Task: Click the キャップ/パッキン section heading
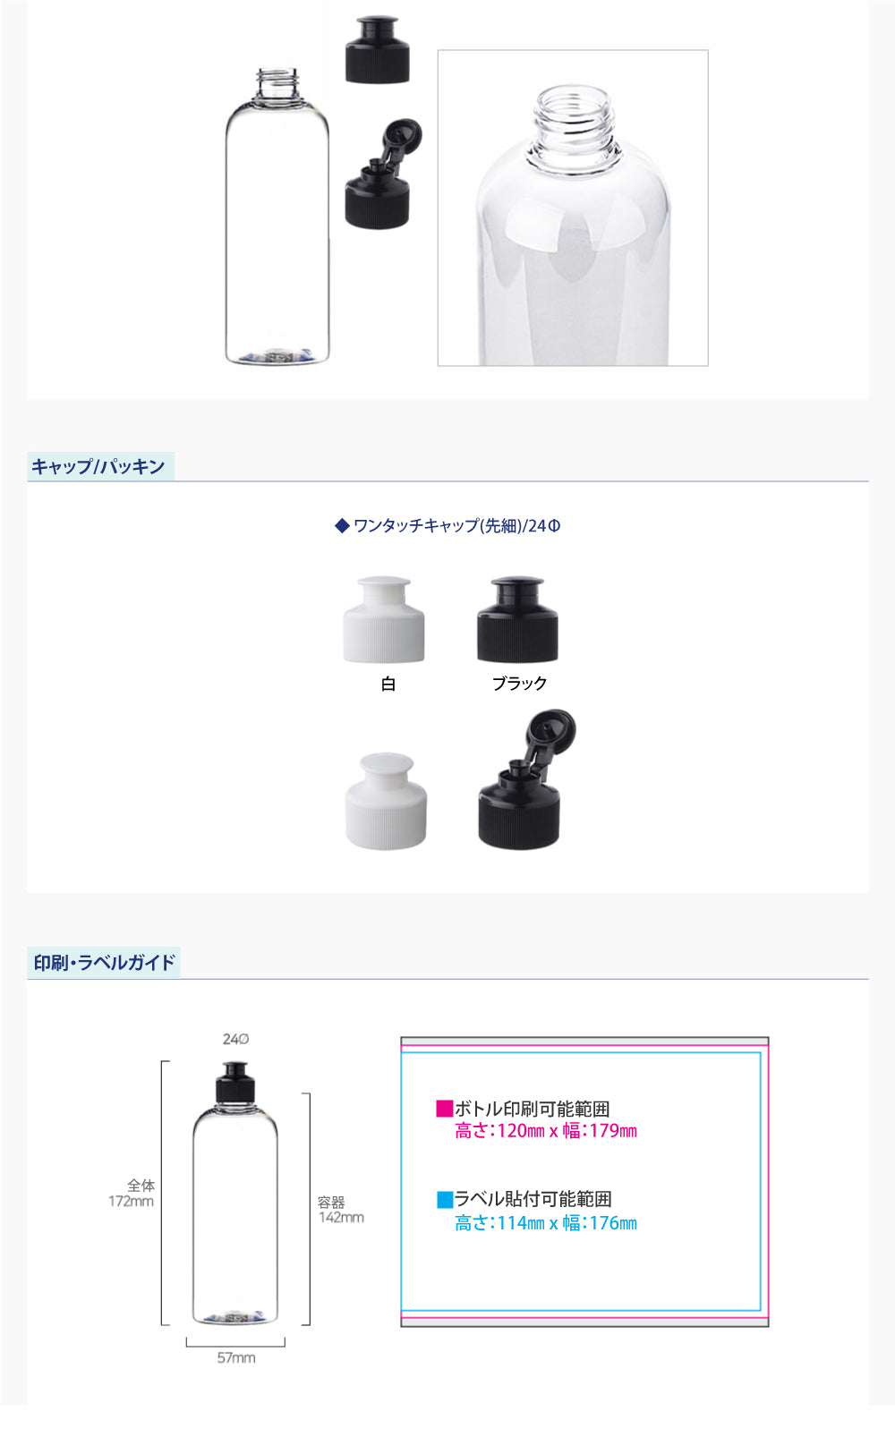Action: point(98,467)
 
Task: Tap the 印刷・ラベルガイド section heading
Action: point(104,963)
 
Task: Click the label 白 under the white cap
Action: point(388,684)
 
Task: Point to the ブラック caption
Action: point(520,684)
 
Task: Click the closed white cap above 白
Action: point(384,619)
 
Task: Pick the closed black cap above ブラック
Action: point(517,619)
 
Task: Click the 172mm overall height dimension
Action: point(132,1202)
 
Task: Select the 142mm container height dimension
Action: point(341,1218)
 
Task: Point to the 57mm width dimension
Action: point(236,1358)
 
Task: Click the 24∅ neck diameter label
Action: point(235,1039)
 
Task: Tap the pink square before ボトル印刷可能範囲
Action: point(444,1109)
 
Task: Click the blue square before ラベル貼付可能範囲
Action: point(445,1200)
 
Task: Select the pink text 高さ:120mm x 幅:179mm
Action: point(546,1131)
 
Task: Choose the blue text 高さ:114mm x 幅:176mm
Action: point(546,1223)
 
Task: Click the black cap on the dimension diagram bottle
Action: point(235,1083)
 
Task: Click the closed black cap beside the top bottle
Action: point(378,50)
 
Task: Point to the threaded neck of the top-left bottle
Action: point(277,86)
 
